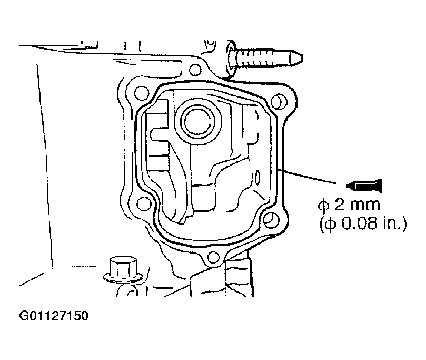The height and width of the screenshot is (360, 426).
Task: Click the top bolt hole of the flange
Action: (x=195, y=70)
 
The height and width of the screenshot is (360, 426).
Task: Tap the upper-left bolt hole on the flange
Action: (x=142, y=93)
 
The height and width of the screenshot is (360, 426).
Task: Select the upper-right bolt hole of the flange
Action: (x=278, y=101)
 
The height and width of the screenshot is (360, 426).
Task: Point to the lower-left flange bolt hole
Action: (x=144, y=203)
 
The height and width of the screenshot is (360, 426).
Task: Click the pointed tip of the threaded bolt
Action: (x=303, y=57)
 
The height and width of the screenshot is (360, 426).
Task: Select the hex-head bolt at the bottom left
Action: (x=123, y=269)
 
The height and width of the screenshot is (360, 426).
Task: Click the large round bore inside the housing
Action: (x=197, y=121)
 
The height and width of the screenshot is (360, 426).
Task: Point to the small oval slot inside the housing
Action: (x=257, y=177)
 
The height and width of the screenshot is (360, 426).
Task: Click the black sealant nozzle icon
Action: (x=364, y=186)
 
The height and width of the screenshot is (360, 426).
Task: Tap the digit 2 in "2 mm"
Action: (x=340, y=205)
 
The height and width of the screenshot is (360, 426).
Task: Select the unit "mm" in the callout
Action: (x=364, y=206)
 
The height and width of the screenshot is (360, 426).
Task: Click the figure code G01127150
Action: (x=54, y=316)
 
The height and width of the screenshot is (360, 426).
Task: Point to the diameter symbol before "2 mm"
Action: (x=323, y=205)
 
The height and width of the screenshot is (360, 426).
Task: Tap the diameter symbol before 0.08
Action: (x=330, y=225)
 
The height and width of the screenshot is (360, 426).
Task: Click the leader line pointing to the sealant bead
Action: (x=308, y=177)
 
